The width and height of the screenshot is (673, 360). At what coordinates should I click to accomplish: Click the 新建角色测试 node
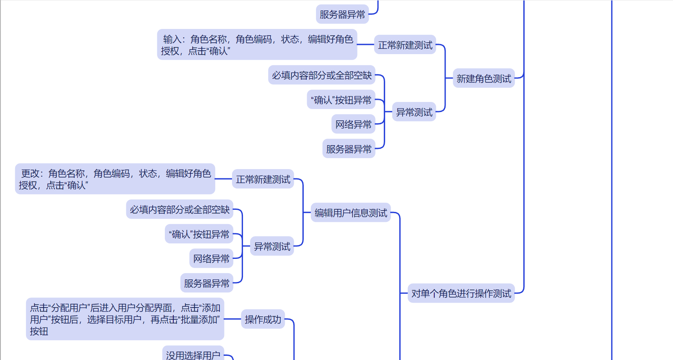pyautogui.click(x=483, y=78)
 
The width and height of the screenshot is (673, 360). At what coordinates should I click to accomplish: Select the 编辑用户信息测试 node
pyautogui.click(x=351, y=213)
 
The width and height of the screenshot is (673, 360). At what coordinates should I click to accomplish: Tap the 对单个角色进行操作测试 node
pyautogui.click(x=461, y=293)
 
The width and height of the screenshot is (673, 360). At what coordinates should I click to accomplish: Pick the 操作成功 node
pyautogui.click(x=263, y=319)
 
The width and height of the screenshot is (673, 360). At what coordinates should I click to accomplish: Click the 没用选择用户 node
pyautogui.click(x=193, y=354)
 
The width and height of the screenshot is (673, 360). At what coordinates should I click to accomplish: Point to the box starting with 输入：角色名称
pyautogui.click(x=257, y=45)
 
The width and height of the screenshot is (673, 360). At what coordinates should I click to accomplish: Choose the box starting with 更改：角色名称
pyautogui.click(x=115, y=179)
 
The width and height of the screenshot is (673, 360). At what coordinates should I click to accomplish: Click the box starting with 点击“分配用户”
pyautogui.click(x=125, y=319)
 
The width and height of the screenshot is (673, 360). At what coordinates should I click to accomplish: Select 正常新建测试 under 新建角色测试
pyautogui.click(x=405, y=45)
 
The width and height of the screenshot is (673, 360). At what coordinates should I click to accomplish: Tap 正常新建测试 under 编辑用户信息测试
pyautogui.click(x=263, y=179)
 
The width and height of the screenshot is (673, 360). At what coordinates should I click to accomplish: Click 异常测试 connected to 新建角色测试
pyautogui.click(x=414, y=112)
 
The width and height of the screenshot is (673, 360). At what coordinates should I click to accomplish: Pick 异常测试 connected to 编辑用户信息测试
pyautogui.click(x=272, y=246)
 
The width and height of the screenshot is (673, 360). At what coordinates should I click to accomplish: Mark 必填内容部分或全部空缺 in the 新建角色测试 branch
pyautogui.click(x=322, y=75)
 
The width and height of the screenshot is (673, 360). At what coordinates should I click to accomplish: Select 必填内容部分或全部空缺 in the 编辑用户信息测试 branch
pyautogui.click(x=180, y=209)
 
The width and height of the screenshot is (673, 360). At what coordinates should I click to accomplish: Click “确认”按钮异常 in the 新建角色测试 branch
pyautogui.click(x=341, y=100)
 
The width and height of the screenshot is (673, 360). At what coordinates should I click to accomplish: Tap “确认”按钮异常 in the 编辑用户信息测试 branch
pyautogui.click(x=199, y=234)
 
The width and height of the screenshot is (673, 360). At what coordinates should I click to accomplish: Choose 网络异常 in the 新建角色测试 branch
pyautogui.click(x=353, y=124)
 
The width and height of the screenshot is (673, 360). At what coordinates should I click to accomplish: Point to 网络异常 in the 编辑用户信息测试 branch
pyautogui.click(x=211, y=258)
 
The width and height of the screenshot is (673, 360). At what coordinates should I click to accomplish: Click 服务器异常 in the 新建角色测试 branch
pyautogui.click(x=349, y=149)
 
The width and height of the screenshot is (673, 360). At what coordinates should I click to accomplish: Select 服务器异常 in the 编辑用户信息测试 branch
pyautogui.click(x=206, y=283)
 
